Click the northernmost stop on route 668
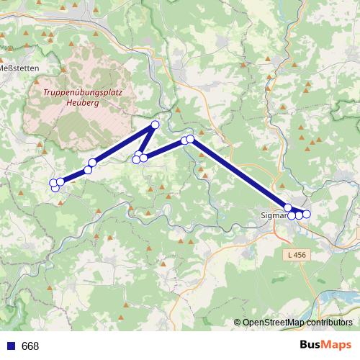point(154,125)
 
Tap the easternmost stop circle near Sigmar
point(307,214)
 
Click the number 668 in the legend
point(30,346)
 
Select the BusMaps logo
point(325,345)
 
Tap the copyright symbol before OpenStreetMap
point(237,323)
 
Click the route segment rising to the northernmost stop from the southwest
point(122,144)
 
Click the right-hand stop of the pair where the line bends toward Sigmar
point(191,138)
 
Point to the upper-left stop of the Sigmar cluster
point(288,207)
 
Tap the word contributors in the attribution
point(329,323)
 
